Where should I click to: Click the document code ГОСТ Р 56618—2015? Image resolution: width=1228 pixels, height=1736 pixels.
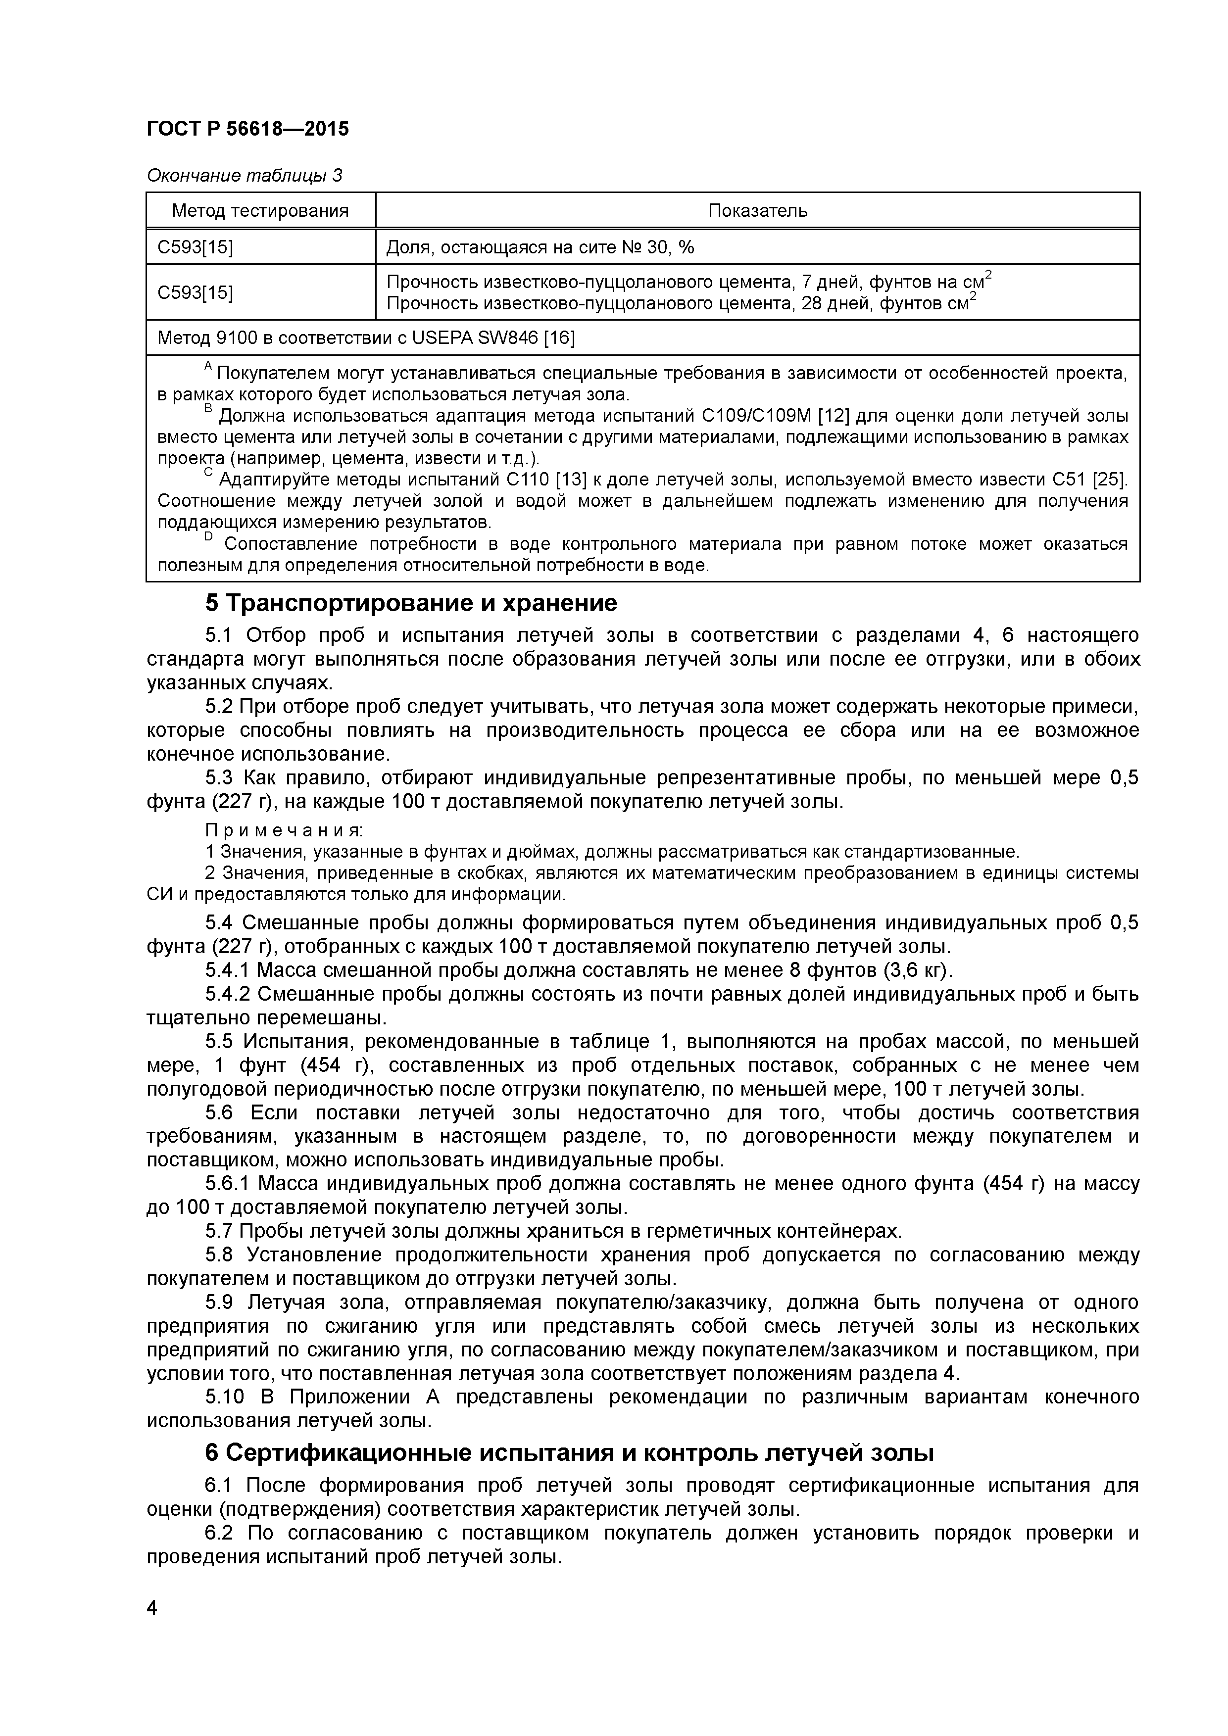pyautogui.click(x=247, y=129)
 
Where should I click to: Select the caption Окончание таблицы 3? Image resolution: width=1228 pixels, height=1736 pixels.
pyautogui.click(x=244, y=175)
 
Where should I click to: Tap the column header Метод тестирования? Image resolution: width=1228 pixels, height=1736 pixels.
pyautogui.click(x=260, y=211)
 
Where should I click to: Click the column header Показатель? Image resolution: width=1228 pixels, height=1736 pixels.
pyautogui.click(x=757, y=211)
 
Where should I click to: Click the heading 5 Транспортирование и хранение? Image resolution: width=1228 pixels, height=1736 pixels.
pyautogui.click(x=411, y=603)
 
